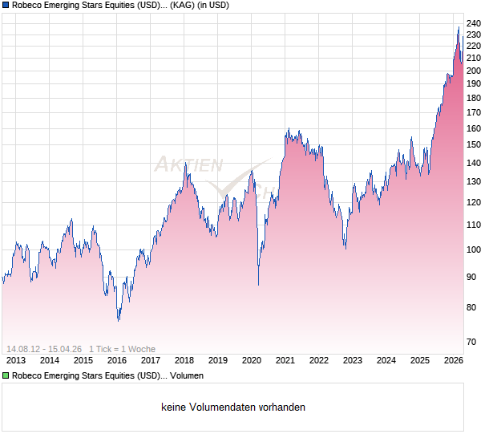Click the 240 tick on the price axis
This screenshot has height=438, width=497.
(x=473, y=23)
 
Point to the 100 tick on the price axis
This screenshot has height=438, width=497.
(x=473, y=249)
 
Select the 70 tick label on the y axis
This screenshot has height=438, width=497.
(x=471, y=342)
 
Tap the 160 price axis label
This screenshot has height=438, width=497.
(x=473, y=128)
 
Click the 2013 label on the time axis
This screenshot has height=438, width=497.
(x=15, y=360)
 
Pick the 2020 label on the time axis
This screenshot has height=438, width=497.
(x=252, y=360)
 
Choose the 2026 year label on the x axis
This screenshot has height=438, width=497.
(x=454, y=360)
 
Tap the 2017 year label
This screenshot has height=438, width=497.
(x=151, y=360)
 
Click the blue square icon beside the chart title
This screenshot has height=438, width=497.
(x=6, y=6)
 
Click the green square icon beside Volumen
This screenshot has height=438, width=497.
(x=6, y=375)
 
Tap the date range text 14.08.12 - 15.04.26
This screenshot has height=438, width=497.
(x=44, y=349)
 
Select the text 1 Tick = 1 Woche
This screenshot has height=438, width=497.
(x=122, y=349)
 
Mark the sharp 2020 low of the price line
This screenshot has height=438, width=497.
(x=258, y=285)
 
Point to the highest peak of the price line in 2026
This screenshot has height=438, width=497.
(x=459, y=27)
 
